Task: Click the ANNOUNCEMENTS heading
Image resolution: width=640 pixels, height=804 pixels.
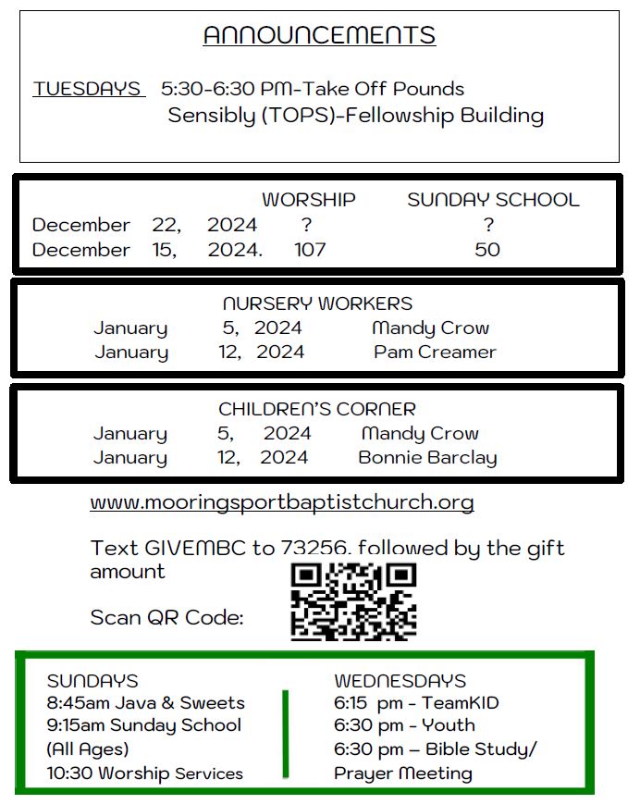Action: tap(319, 35)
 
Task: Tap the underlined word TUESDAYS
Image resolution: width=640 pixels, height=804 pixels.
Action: tap(88, 90)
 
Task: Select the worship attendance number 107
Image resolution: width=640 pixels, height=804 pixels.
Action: tap(310, 250)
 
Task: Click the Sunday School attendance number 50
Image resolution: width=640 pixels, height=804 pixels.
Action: tap(487, 250)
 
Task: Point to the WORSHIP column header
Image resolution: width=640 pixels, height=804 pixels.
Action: tap(308, 200)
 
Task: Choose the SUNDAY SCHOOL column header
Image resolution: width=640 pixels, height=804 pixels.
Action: tap(493, 200)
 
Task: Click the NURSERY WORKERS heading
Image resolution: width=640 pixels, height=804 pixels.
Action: tap(317, 303)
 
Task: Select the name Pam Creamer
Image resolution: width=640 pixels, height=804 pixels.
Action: tap(435, 353)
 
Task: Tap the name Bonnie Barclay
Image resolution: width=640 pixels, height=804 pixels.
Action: tap(427, 458)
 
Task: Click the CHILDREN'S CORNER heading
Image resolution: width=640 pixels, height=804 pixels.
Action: tap(317, 409)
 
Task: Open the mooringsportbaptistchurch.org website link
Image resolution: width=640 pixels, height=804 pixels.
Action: tap(282, 503)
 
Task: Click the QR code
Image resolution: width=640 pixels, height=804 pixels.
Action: tap(353, 601)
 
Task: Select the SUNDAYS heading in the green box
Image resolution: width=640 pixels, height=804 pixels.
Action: tap(92, 681)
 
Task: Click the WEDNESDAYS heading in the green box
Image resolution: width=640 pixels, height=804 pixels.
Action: tap(400, 681)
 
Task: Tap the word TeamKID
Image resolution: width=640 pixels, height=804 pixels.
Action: tap(462, 703)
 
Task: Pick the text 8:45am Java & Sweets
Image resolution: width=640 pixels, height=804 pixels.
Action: tap(146, 703)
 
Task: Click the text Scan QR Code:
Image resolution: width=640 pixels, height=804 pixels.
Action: tap(166, 617)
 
